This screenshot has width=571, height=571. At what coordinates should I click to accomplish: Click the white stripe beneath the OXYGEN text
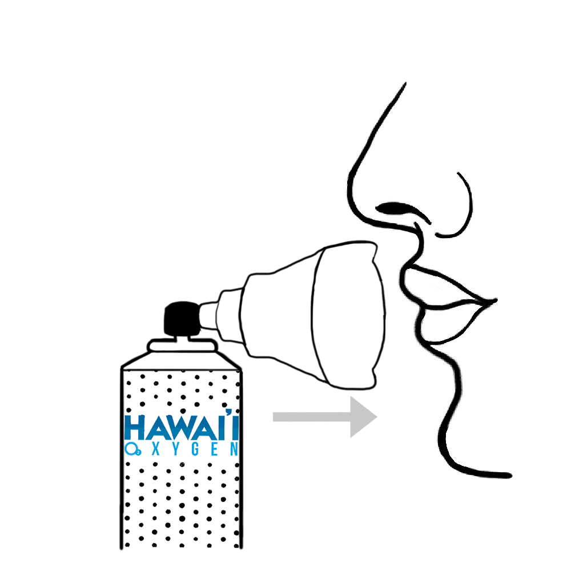click(180, 459)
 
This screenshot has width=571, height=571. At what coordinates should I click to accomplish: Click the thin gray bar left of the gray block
click(308, 419)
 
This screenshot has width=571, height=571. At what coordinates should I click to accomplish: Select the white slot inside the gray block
click(363, 416)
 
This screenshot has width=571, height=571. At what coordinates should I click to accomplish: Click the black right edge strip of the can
click(243, 457)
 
